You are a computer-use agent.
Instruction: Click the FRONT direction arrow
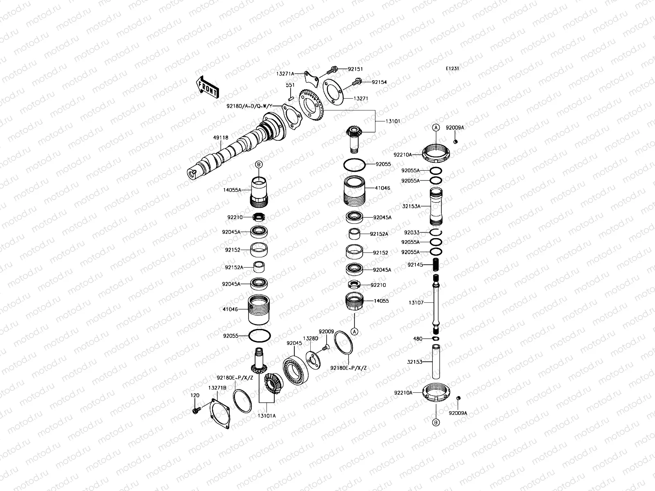point(208,86)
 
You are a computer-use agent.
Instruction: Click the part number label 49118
point(221,138)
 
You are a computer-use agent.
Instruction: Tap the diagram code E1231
point(452,69)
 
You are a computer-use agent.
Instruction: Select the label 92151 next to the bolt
point(355,70)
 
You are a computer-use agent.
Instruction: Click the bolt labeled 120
point(196,409)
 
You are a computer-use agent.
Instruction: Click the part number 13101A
point(267,416)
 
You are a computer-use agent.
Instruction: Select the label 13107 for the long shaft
point(416,303)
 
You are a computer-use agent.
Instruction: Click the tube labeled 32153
point(436,362)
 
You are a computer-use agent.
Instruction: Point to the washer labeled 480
point(436,339)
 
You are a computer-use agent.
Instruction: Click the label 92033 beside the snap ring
point(411,232)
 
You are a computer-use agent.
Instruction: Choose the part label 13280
point(310,338)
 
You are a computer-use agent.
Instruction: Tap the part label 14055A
point(232,190)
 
